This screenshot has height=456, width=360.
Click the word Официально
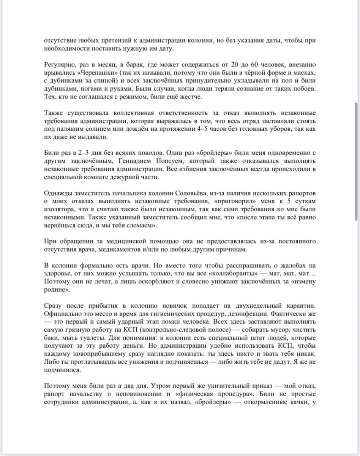tap(62, 314)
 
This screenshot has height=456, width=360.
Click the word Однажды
tap(58, 193)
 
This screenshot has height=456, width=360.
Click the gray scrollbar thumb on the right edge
tap(356, 161)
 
